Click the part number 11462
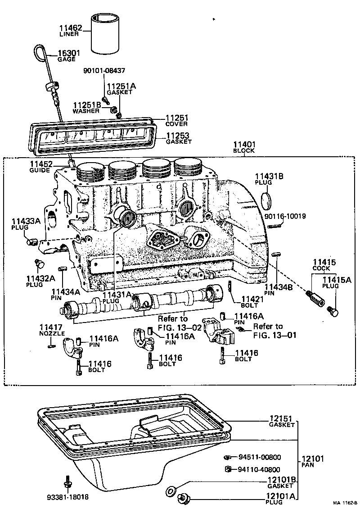tap(69, 28)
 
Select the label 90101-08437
tap(104, 71)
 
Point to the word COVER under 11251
tap(176, 124)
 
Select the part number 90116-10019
tap(285, 216)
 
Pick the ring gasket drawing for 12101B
tap(171, 491)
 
